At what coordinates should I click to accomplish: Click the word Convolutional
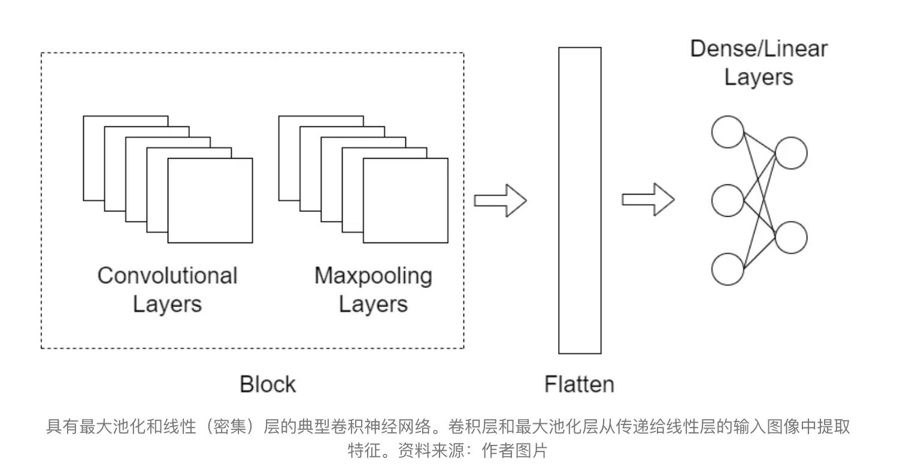point(167,275)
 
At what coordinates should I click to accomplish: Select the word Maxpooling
point(373,275)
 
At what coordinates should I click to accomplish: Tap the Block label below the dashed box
point(268,384)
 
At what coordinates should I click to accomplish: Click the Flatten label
point(579,384)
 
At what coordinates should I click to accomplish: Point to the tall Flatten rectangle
point(580,201)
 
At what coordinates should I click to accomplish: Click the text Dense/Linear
point(759,48)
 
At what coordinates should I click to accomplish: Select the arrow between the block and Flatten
point(500,200)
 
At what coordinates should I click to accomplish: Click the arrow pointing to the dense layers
point(648,199)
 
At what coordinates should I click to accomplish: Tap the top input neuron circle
point(728,132)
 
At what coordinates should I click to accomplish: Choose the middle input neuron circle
point(728,201)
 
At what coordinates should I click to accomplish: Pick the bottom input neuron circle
point(728,269)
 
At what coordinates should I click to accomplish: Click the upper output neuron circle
point(791,153)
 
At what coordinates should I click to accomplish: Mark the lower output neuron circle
point(791,237)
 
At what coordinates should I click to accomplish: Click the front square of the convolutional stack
point(210,201)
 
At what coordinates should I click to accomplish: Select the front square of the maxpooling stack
point(405,201)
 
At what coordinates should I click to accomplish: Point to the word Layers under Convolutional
point(167,304)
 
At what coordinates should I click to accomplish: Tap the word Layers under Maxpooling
point(373,304)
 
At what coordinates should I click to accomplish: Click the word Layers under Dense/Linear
point(759,77)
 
